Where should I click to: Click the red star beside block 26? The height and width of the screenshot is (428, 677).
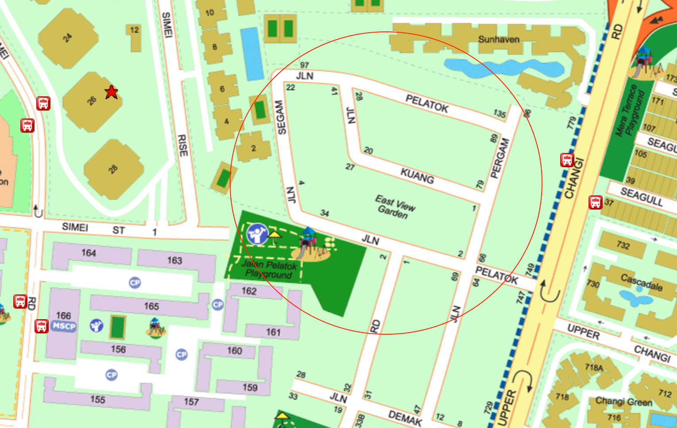[x=111, y=92]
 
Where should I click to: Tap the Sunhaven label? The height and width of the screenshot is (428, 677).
[x=499, y=39]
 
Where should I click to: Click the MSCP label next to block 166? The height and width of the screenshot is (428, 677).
[x=64, y=326]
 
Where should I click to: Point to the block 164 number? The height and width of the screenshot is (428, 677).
[x=88, y=253]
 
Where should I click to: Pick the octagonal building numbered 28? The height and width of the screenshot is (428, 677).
[x=114, y=169]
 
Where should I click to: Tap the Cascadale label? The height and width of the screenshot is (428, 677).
[x=641, y=282]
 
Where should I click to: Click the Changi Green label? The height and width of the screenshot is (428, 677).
[x=623, y=401]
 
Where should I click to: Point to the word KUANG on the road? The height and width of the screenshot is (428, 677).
[x=417, y=176]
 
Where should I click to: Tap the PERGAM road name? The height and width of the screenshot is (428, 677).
[x=500, y=158]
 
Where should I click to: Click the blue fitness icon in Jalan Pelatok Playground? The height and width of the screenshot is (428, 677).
[x=257, y=233]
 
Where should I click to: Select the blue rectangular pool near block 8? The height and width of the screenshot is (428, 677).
[x=252, y=54]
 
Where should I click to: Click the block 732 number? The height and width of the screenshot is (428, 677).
[x=623, y=245]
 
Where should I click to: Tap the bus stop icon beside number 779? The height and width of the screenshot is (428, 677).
[x=567, y=160]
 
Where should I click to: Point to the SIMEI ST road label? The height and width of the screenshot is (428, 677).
[x=93, y=228]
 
